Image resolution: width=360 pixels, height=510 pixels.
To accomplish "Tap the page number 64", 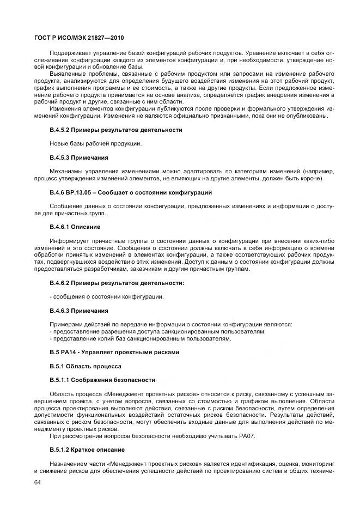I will coord(37,483).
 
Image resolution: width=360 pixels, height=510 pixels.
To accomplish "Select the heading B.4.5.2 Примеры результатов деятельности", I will coord(115,130).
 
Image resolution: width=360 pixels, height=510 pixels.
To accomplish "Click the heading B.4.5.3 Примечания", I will coord(79,158).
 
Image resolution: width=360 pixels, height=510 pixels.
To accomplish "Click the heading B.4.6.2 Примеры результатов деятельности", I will coord(117,283).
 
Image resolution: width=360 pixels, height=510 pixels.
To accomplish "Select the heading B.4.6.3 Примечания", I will coord(79,311).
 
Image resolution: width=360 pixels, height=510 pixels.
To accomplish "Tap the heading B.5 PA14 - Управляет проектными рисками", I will coord(114,352).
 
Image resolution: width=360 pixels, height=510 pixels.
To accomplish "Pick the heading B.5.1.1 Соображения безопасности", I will coord(102,380).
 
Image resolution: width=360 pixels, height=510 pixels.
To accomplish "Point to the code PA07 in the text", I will coord(246,436).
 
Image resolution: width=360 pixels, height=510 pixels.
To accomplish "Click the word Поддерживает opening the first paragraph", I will coord(69,52).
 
